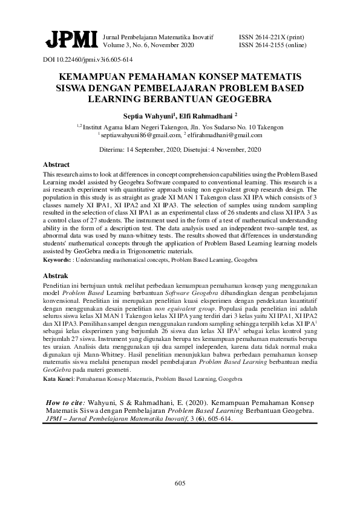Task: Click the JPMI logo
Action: (x=71, y=40)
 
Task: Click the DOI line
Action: (x=88, y=60)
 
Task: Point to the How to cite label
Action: (x=66, y=401)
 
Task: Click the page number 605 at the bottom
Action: (x=179, y=482)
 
